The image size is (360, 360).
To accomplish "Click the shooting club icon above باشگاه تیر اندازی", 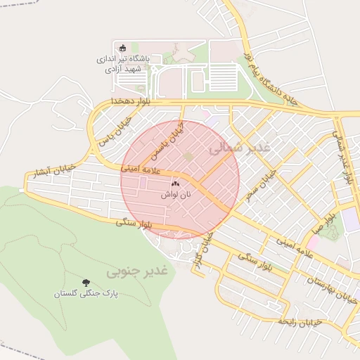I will coord(123,48).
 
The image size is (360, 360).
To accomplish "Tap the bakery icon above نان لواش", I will coord(175,183).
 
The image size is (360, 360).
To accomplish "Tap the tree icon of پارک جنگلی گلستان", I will coord(86,282).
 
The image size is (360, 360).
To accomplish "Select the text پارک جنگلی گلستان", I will coord(86,294).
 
